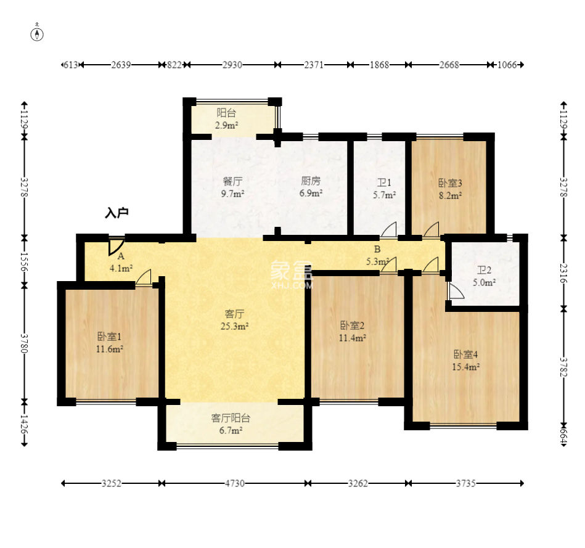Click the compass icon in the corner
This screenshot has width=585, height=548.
[37, 35]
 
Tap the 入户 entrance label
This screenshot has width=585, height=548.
[117, 213]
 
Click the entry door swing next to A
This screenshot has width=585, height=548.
[116, 246]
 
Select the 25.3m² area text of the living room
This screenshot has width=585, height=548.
[234, 327]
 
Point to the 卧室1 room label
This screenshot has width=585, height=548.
[109, 337]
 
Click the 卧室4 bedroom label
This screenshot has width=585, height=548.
[465, 354]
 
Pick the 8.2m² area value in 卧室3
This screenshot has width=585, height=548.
[451, 195]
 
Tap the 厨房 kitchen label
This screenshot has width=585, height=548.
[311, 181]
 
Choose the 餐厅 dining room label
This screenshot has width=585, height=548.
[232, 181]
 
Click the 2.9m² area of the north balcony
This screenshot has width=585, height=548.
[226, 125]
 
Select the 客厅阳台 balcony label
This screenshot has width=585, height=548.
[231, 418]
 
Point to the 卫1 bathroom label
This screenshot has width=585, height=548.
[384, 182]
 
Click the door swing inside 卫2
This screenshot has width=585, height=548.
[456, 292]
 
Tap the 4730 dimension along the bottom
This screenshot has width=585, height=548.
[234, 483]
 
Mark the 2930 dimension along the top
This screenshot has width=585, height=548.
[232, 65]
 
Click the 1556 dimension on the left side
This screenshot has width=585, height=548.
[25, 262]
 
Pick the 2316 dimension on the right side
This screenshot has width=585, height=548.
[564, 274]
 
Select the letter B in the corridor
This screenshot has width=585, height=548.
[377, 249]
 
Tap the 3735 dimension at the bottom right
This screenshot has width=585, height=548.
[465, 483]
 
